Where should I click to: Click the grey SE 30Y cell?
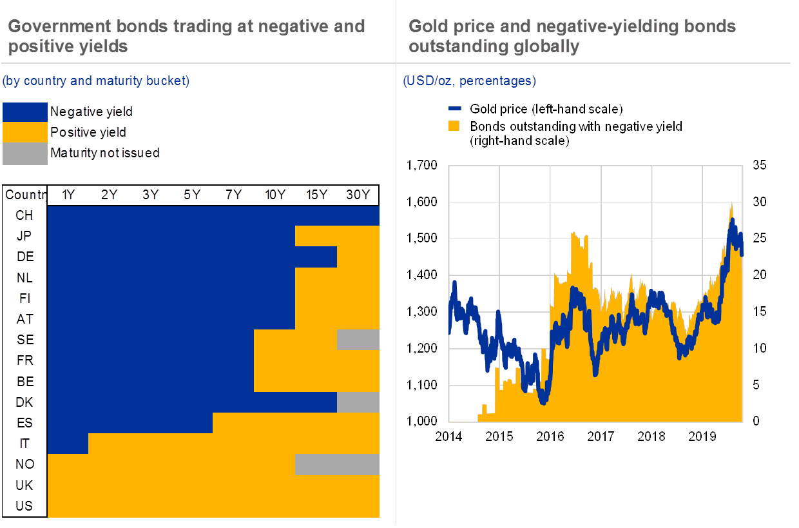(358, 340)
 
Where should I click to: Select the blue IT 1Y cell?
(68, 444)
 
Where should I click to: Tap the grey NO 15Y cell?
(316, 464)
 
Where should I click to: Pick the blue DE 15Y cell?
(316, 257)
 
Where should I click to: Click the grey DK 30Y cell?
(358, 402)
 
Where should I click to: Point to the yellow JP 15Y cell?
(316, 236)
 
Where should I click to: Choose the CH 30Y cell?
(358, 215)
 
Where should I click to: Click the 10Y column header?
(274, 195)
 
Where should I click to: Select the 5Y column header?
(192, 195)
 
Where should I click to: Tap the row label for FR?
(24, 360)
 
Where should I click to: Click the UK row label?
(24, 485)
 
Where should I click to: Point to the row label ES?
(24, 423)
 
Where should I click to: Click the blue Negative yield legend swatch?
(25, 112)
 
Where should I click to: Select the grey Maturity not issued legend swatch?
(25, 153)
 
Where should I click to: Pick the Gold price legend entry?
(545, 108)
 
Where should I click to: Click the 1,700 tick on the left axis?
(423, 166)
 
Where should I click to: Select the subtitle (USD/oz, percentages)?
(469, 81)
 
